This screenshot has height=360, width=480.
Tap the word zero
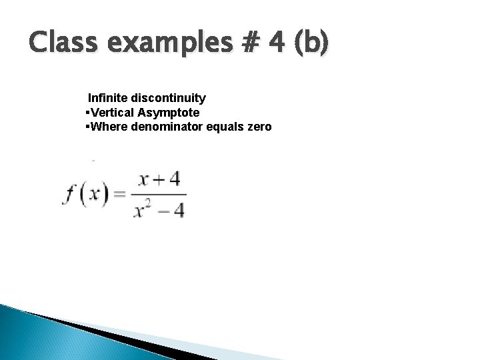click(259, 126)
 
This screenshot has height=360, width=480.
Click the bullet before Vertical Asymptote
click(88, 113)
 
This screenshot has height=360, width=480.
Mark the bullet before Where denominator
click(88, 126)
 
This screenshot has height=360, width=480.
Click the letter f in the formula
click(70, 195)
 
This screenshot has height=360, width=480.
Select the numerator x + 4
click(160, 180)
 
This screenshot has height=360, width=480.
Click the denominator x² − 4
click(161, 209)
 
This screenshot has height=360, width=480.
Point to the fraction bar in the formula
click(161, 195)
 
